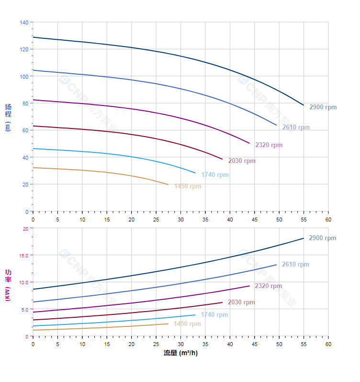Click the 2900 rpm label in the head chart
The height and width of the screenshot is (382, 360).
(323, 107)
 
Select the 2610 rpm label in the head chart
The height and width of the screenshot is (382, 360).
(296, 127)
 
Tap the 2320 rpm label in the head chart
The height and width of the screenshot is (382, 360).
(269, 145)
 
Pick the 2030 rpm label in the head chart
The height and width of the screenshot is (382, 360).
(242, 161)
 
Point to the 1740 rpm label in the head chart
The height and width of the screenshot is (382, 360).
(215, 175)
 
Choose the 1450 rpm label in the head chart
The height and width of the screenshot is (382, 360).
(188, 186)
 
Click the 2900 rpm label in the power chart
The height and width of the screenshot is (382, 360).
(322, 238)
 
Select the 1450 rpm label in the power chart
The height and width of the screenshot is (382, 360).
(187, 324)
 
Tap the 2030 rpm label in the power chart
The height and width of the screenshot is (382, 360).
(241, 302)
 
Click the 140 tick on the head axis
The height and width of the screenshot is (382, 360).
(24, 23)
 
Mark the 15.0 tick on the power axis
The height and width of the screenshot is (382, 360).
(24, 255)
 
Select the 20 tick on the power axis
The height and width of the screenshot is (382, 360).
(25, 229)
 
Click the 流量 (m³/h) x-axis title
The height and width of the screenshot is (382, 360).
(180, 353)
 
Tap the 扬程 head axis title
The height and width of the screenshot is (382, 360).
(8, 111)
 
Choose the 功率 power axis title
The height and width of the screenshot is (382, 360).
(8, 276)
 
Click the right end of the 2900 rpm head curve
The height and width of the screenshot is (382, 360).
(304, 105)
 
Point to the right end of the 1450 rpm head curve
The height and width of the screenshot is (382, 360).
(168, 185)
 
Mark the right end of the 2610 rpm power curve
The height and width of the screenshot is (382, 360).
(276, 265)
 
